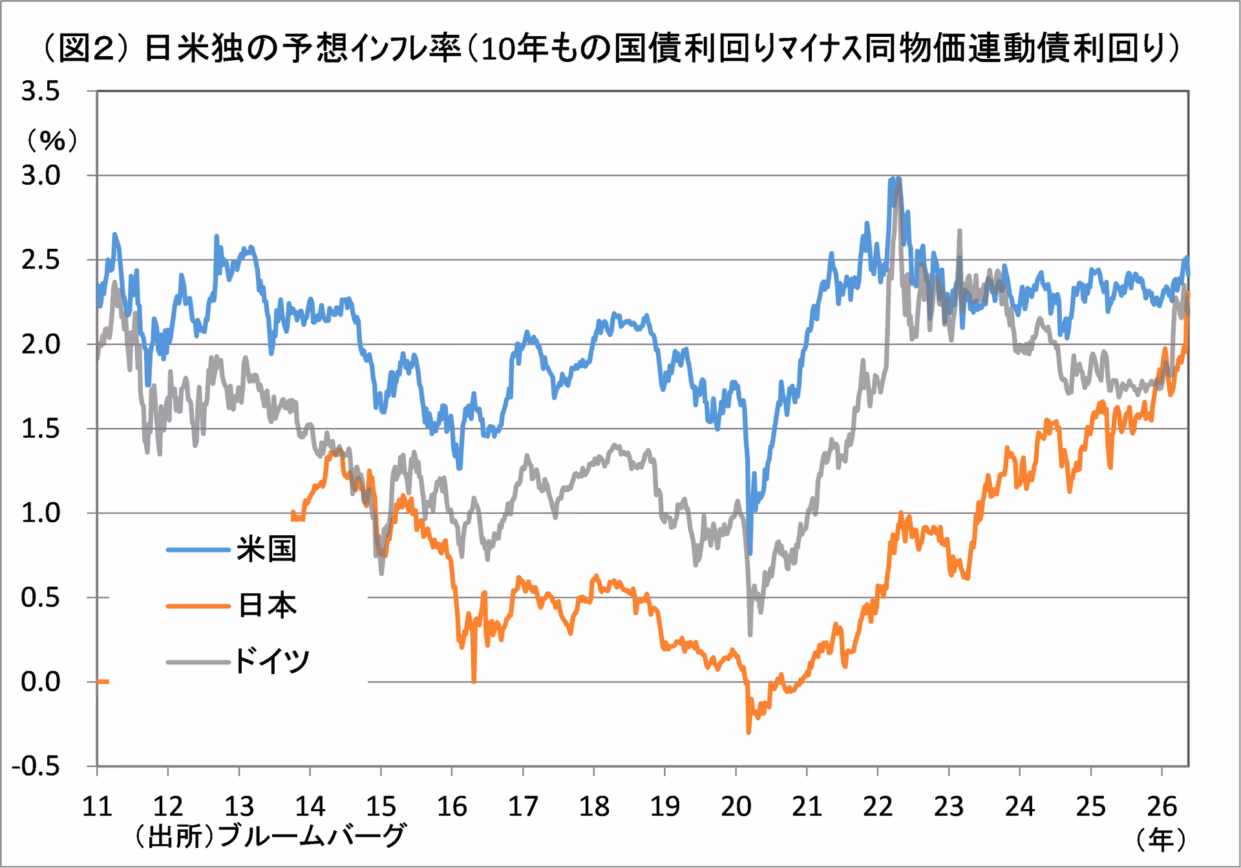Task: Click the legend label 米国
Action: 266,549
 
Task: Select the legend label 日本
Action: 267,606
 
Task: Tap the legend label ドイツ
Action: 272,661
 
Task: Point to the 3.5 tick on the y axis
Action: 41,91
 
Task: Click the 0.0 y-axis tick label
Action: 41,682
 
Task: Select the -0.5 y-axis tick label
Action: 36,767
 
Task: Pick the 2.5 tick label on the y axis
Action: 41,260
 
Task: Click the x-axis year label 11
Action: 97,807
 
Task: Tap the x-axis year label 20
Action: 736,807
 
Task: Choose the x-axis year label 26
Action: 1161,807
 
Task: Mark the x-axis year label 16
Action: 452,807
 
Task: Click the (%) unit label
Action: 52,140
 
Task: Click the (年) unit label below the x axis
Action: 1161,840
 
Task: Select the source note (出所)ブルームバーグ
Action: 270,836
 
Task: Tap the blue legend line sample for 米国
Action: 198,550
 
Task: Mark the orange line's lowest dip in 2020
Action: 748,732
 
